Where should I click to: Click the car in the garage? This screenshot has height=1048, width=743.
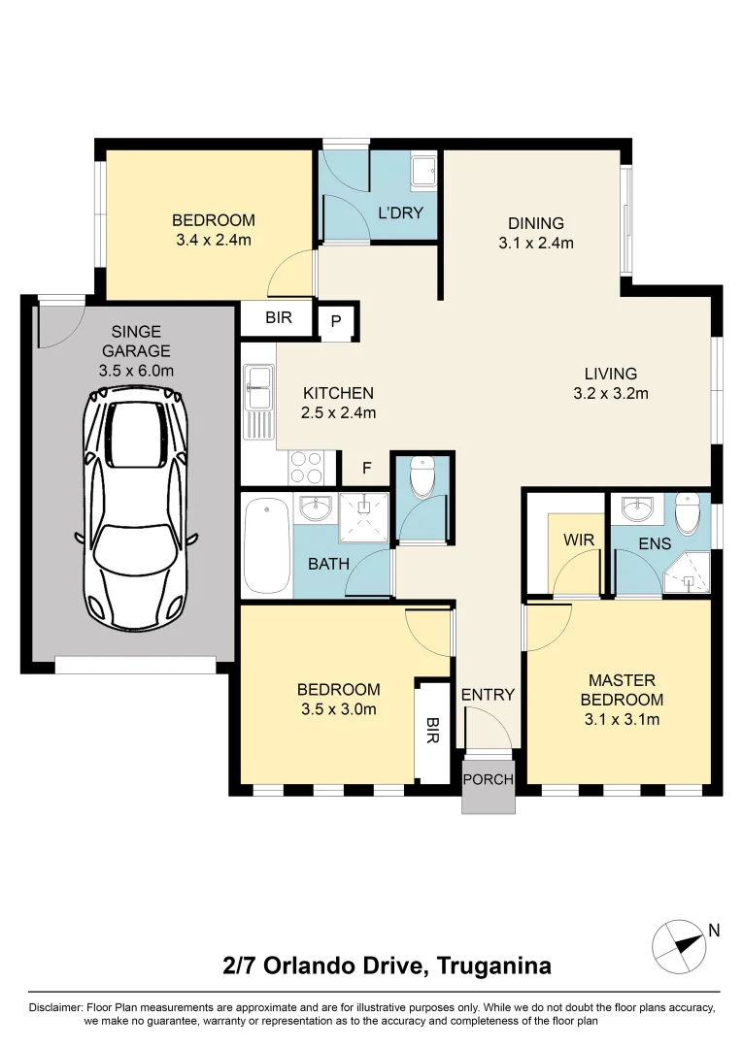click(136, 508)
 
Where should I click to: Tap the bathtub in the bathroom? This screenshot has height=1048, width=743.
click(267, 546)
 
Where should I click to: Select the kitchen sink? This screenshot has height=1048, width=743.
click(258, 402)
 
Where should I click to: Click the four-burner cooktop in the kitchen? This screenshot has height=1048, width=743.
click(306, 467)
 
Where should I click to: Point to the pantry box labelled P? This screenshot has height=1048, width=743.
click(336, 321)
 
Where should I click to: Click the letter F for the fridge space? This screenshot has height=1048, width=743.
click(366, 468)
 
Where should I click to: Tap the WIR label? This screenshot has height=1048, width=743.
click(579, 540)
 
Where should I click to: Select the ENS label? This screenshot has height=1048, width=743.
click(655, 543)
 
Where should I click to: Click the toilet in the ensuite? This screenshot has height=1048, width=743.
click(688, 513)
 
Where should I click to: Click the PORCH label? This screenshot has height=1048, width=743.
click(489, 779)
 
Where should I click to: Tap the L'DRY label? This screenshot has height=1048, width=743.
click(400, 213)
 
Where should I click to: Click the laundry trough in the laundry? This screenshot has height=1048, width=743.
click(423, 171)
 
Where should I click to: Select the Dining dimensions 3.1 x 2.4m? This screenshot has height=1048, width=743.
click(536, 243)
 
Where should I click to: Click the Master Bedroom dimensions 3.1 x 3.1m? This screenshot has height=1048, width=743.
click(622, 719)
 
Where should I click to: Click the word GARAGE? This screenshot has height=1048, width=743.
click(136, 351)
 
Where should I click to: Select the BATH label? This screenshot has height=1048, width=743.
click(328, 564)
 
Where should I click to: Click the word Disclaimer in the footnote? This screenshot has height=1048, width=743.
click(55, 1007)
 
